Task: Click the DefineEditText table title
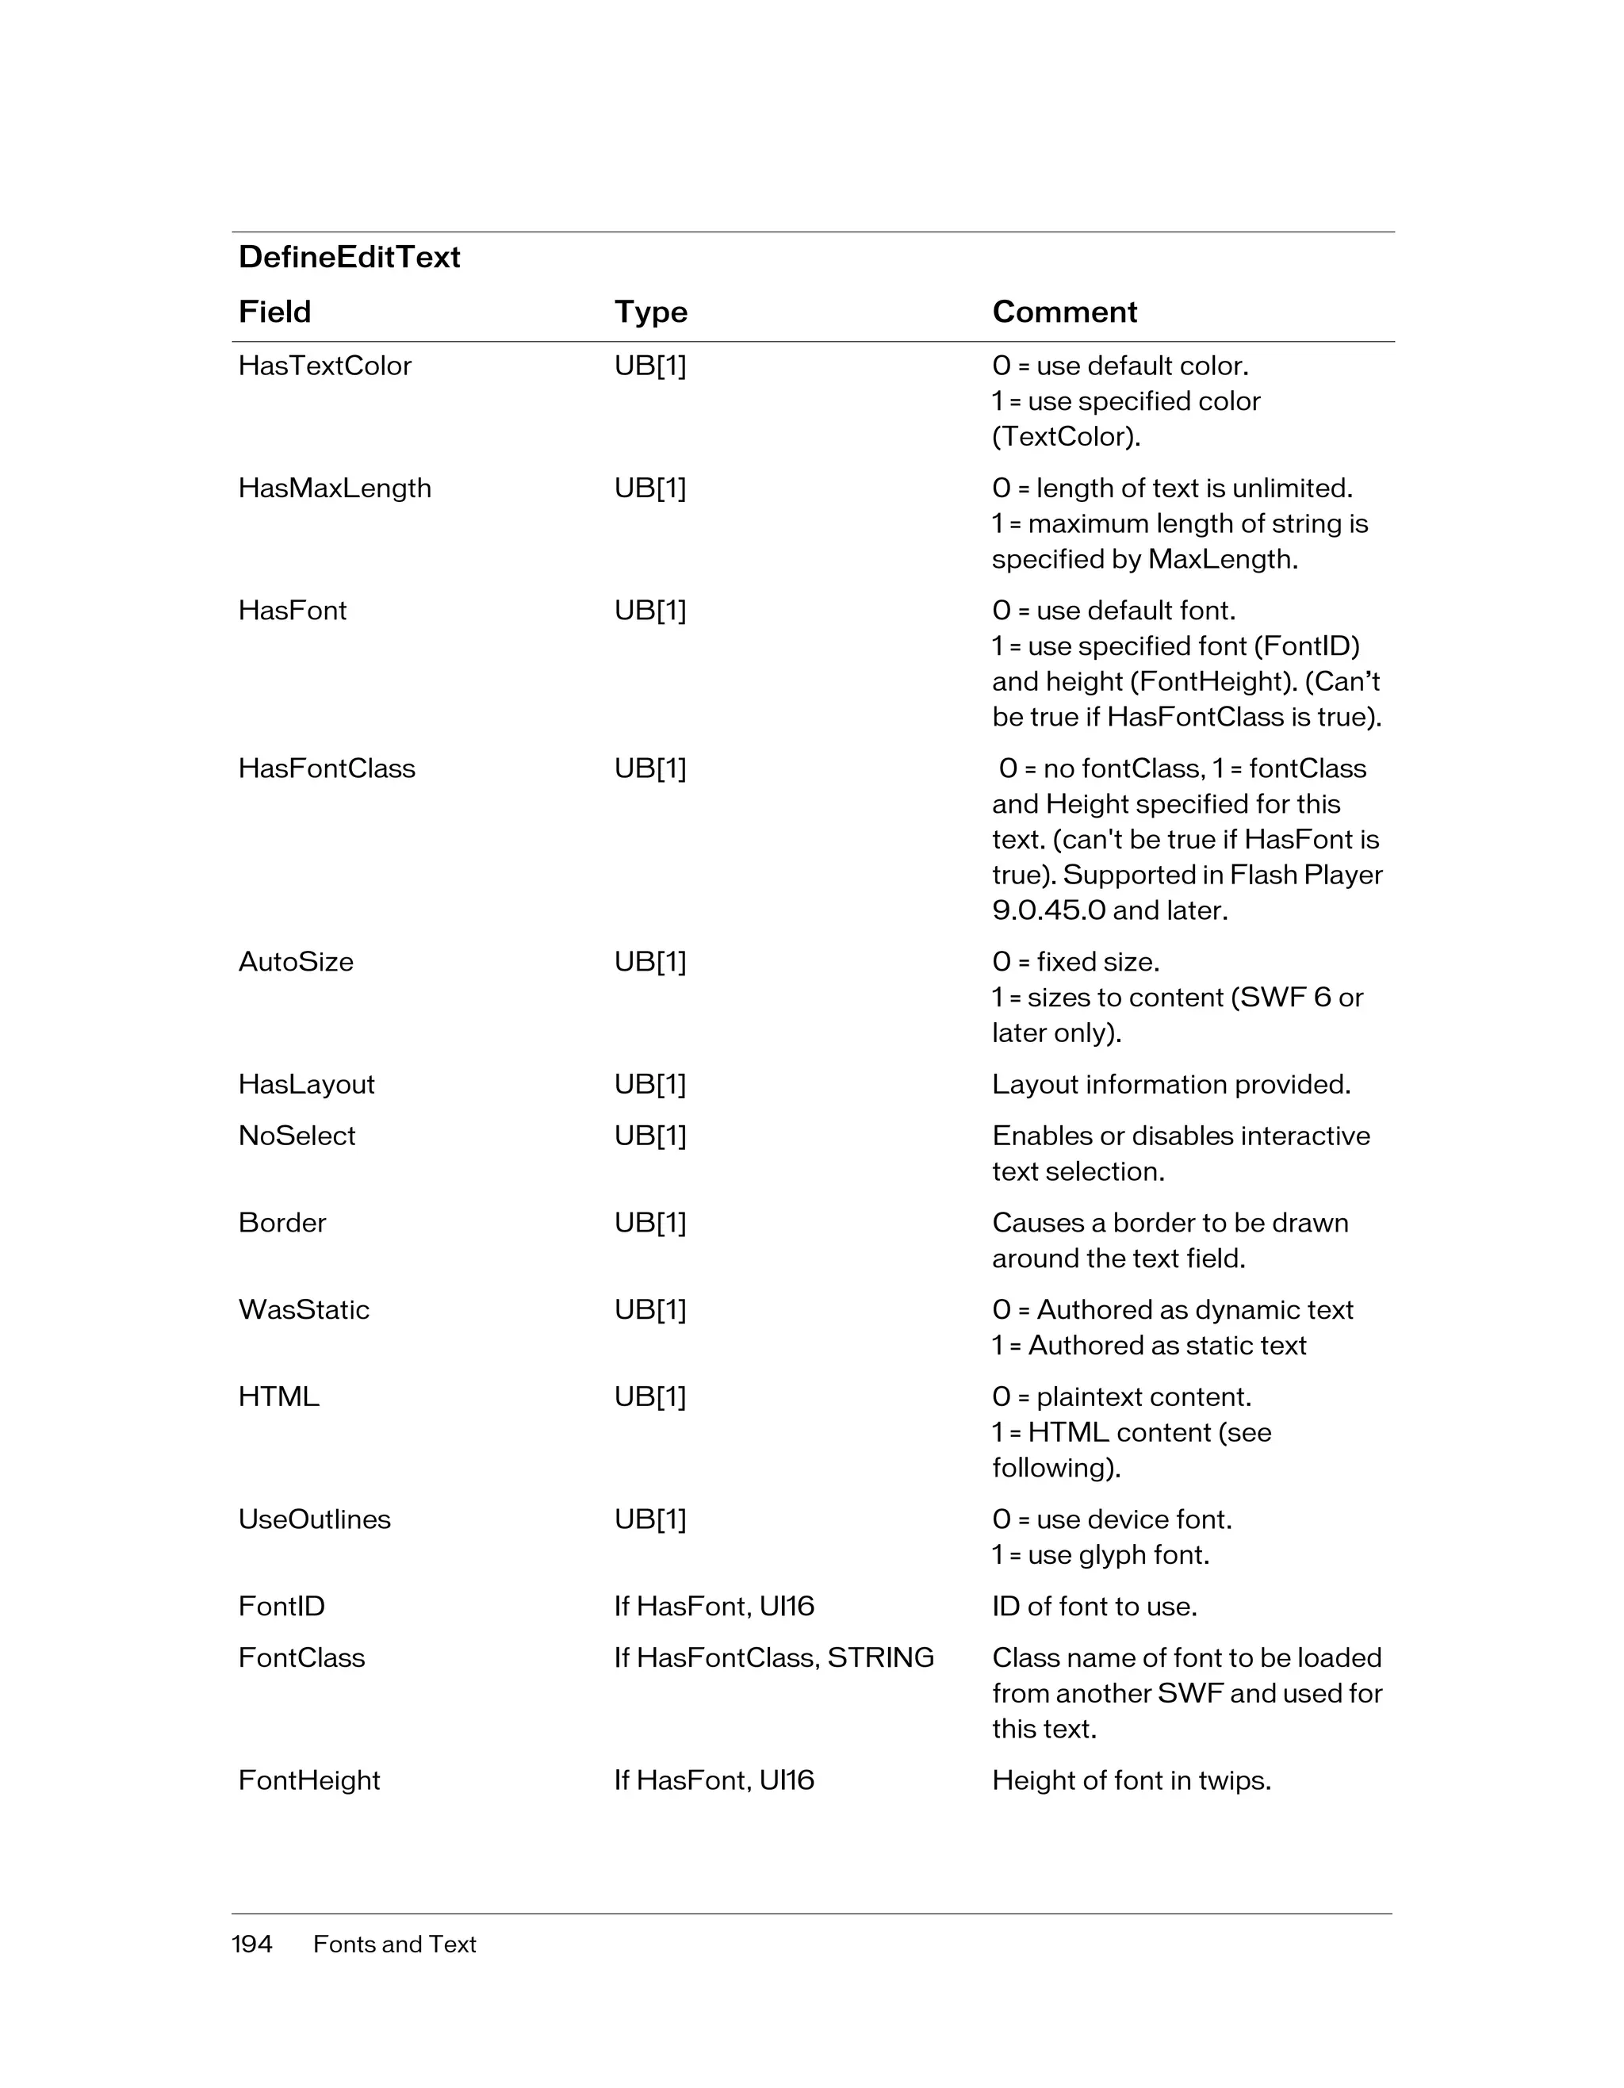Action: (x=349, y=256)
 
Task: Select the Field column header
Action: (x=274, y=312)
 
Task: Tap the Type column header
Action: (x=650, y=312)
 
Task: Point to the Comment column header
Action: (x=1064, y=312)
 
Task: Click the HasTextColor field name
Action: (x=324, y=366)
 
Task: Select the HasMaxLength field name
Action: (x=335, y=488)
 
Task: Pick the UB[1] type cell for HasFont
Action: (x=650, y=610)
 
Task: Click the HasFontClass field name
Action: (x=326, y=768)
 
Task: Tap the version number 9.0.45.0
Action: (x=1048, y=910)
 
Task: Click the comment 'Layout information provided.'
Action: (x=1171, y=1084)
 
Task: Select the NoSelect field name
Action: (x=297, y=1136)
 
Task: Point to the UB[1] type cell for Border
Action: (x=650, y=1223)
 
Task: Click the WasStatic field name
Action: (x=303, y=1310)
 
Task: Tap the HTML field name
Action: (x=278, y=1396)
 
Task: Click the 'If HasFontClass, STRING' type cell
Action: (x=773, y=1657)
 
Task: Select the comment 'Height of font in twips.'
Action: (x=1131, y=1780)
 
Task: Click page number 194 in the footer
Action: (x=251, y=1944)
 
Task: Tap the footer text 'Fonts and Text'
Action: (x=394, y=1944)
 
